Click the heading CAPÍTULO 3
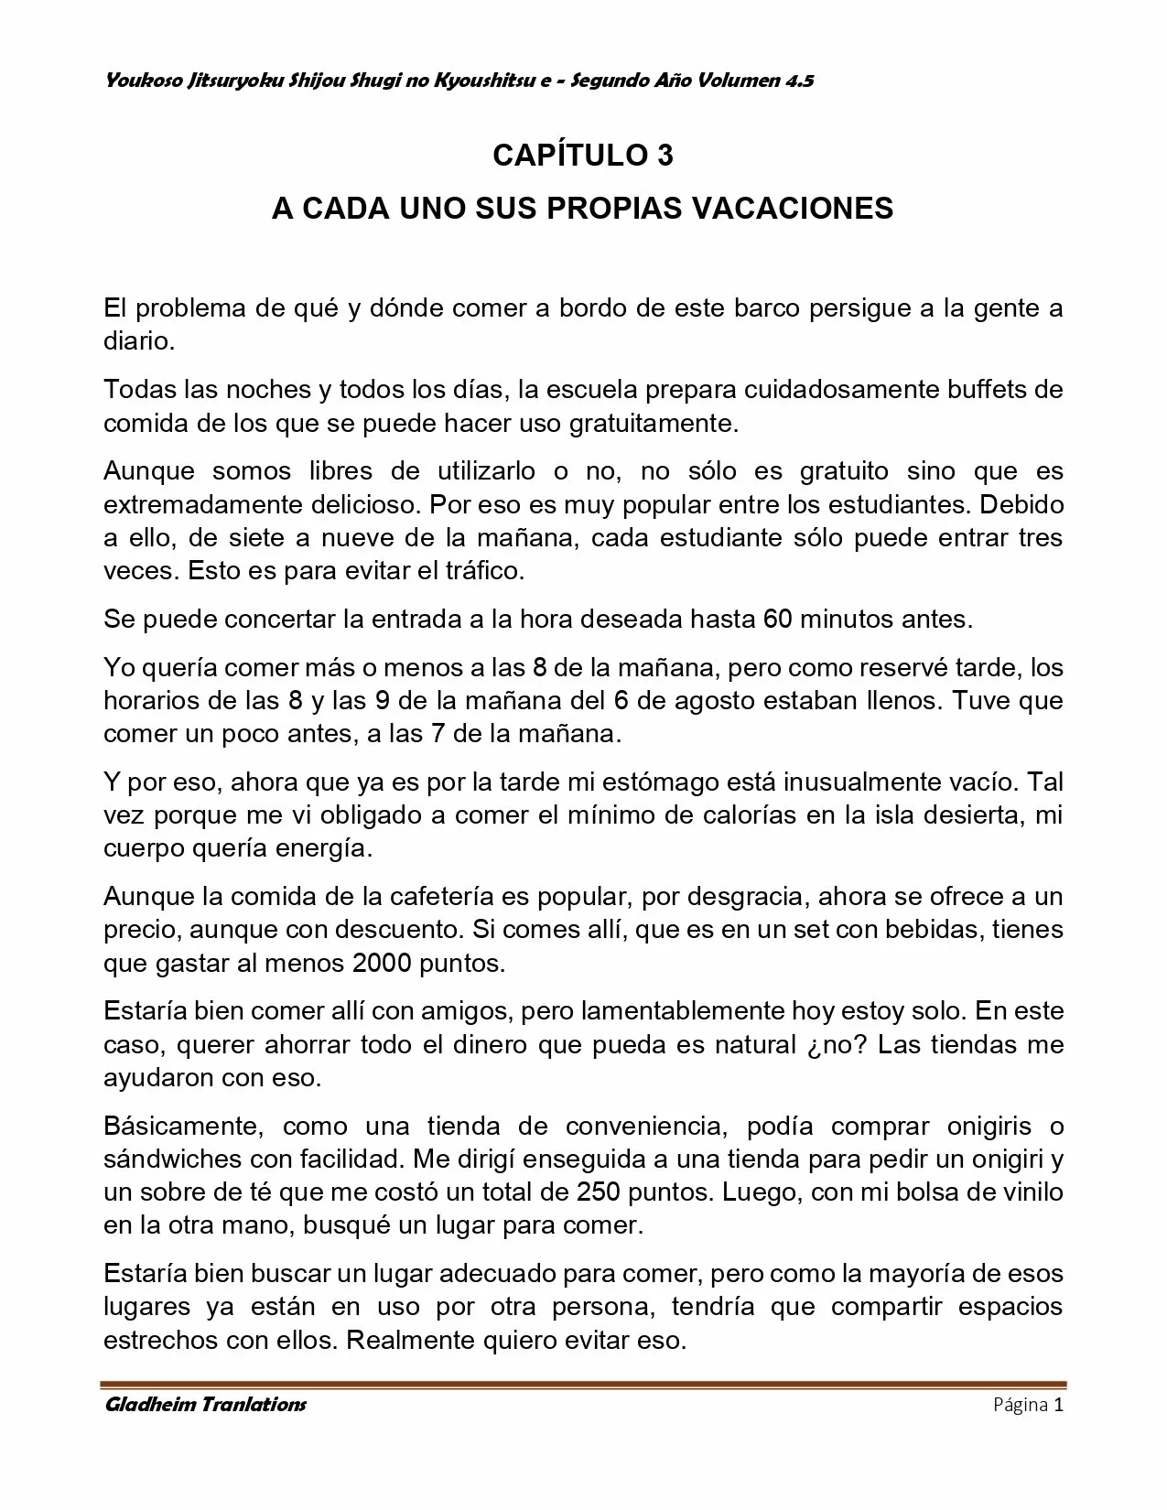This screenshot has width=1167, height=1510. point(583,156)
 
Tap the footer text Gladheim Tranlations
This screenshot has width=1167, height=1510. point(205,1405)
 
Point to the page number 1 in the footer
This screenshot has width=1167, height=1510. point(1058,1405)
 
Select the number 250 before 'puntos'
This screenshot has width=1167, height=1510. point(602,1192)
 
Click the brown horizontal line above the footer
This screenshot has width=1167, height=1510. point(584,1385)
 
